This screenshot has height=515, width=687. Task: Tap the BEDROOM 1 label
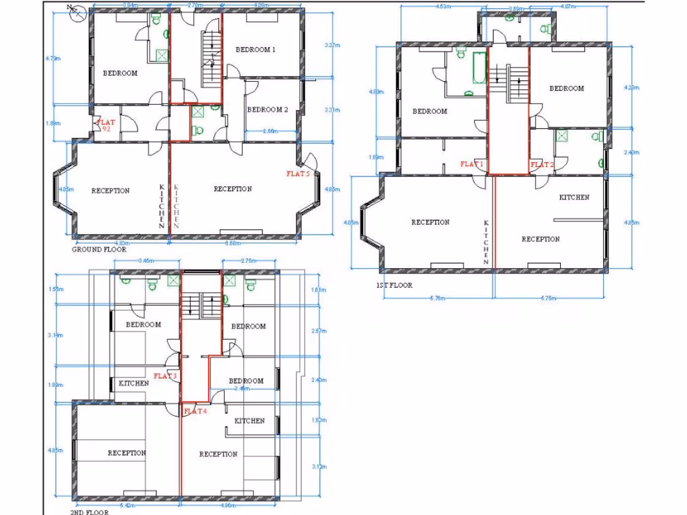[x=256, y=50]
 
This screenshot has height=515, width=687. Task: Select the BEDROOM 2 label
[x=267, y=109]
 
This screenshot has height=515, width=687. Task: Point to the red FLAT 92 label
[x=106, y=125]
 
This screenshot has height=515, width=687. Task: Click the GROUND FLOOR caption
[x=99, y=249]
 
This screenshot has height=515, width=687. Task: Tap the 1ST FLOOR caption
[x=394, y=285]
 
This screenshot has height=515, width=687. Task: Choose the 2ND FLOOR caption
[x=89, y=511]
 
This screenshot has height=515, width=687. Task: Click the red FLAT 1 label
[x=472, y=164]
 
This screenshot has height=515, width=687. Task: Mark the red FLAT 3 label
[x=165, y=376]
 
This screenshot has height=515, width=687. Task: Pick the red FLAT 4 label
[x=195, y=411]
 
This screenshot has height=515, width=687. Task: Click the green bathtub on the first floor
[x=479, y=68]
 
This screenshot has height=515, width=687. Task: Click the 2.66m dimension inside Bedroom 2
[x=271, y=131]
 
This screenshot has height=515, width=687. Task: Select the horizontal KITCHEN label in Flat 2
[x=574, y=197]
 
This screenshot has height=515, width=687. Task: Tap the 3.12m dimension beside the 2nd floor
[x=319, y=467]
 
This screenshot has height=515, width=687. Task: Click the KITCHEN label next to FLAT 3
[x=134, y=384]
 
